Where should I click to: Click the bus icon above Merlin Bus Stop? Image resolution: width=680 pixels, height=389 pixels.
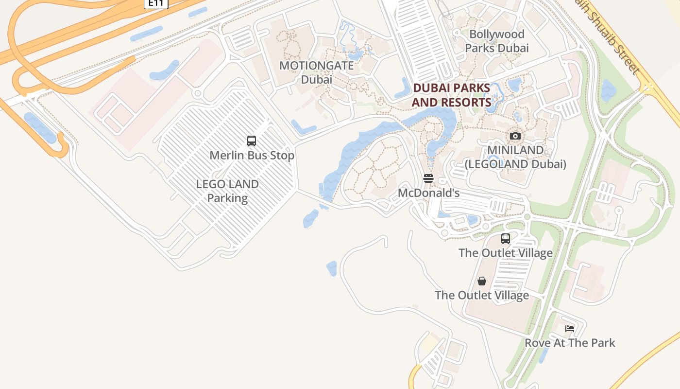(x=252, y=141)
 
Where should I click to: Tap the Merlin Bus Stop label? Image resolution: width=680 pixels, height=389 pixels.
(x=252, y=156)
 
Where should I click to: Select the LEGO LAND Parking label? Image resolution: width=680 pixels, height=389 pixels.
(x=227, y=191)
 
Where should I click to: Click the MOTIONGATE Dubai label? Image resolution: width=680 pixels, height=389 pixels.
(x=317, y=72)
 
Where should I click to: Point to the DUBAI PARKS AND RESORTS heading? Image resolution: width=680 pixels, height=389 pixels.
(x=451, y=95)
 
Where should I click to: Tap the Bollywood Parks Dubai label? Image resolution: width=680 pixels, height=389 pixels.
(x=496, y=41)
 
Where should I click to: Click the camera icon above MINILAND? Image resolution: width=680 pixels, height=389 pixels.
(x=515, y=136)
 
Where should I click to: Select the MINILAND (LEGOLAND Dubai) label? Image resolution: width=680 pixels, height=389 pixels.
(x=515, y=157)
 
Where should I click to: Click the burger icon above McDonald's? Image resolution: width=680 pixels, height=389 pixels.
(x=428, y=178)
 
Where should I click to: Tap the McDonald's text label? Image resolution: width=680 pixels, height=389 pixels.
(x=428, y=193)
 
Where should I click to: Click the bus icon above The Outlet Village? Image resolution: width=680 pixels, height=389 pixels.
(x=506, y=239)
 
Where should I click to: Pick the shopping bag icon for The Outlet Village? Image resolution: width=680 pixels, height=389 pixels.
(x=482, y=281)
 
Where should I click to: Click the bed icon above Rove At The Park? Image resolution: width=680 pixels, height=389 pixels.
(x=570, y=329)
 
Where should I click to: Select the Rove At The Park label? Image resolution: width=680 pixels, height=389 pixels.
(x=570, y=343)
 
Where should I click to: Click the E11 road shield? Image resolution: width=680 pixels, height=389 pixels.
(x=156, y=3)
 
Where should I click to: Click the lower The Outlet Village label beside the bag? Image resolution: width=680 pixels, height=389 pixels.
(x=482, y=295)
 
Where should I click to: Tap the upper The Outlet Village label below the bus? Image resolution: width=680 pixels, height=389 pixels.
(x=506, y=253)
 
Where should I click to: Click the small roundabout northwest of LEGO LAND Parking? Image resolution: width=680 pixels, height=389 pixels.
(x=197, y=93)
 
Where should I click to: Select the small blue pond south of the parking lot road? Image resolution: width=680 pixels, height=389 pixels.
(x=332, y=268)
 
